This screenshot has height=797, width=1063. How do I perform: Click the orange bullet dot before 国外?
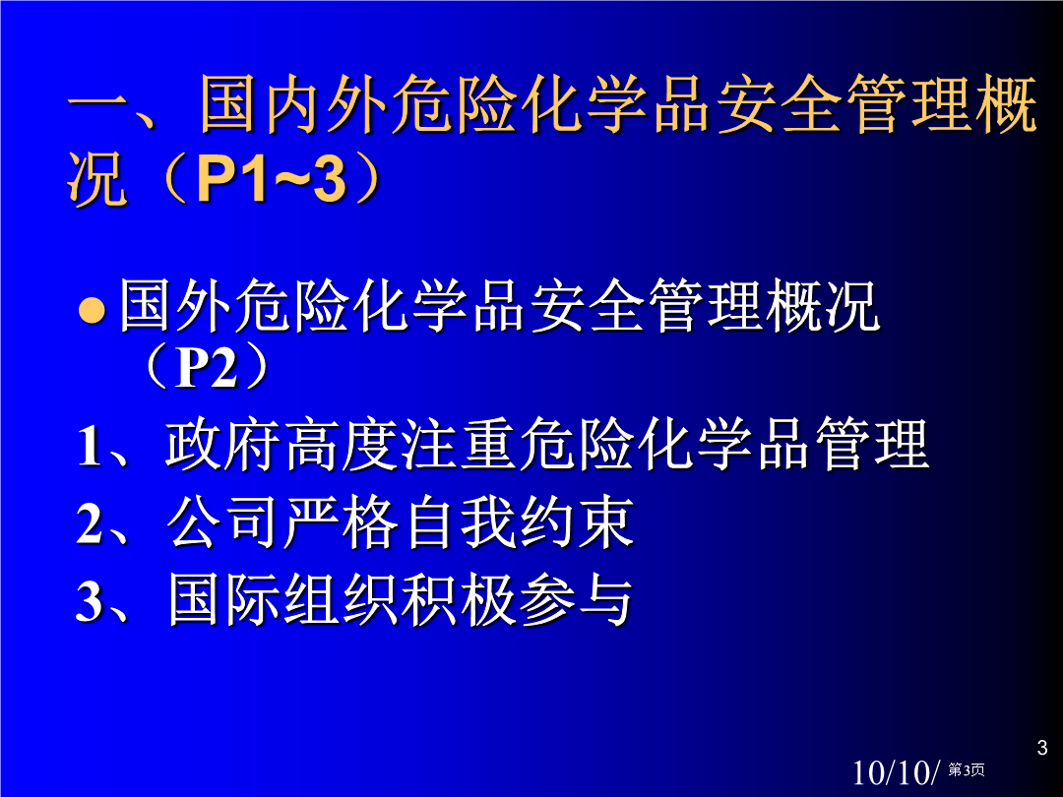click(x=92, y=310)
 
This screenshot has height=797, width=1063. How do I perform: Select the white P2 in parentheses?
click(x=206, y=368)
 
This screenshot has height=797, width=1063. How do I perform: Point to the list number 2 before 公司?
click(x=90, y=523)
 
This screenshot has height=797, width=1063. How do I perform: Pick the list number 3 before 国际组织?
click(x=90, y=600)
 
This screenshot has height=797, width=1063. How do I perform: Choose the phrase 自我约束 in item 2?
click(x=520, y=522)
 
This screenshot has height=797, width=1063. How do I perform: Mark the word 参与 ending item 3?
click(x=576, y=600)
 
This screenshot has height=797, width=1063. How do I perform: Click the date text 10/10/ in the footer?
click(x=896, y=772)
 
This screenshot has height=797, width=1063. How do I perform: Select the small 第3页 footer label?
click(x=967, y=769)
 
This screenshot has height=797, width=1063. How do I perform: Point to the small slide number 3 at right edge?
click(x=1042, y=748)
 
